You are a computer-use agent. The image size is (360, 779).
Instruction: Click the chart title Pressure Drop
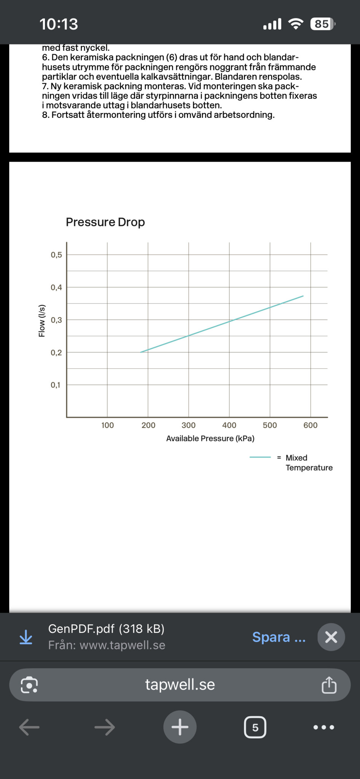pyautogui.click(x=105, y=222)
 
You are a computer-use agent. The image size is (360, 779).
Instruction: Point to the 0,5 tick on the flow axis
pyautogui.click(x=56, y=255)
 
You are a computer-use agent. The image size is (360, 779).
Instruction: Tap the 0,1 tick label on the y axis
pyautogui.click(x=56, y=385)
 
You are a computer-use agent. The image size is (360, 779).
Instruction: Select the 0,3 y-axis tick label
pyautogui.click(x=56, y=320)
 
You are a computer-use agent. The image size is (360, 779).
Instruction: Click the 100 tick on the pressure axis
pyautogui.click(x=107, y=425)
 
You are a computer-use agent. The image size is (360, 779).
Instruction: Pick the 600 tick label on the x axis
pyautogui.click(x=311, y=425)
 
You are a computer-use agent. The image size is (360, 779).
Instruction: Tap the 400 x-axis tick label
pyautogui.click(x=229, y=425)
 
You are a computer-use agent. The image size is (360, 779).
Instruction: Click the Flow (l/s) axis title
pyautogui.click(x=42, y=321)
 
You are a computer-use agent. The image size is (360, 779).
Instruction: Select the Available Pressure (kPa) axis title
pyautogui.click(x=210, y=439)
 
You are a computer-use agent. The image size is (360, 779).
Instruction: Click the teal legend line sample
pyautogui.click(x=260, y=457)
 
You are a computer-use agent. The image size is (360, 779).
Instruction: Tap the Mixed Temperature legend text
pyautogui.click(x=309, y=463)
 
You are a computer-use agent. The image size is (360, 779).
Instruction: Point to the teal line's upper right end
pyautogui.click(x=303, y=296)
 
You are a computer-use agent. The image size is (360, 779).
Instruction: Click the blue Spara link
pyautogui.click(x=279, y=637)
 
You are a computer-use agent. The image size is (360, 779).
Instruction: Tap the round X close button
pyautogui.click(x=331, y=637)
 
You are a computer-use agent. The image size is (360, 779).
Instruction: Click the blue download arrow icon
pyautogui.click(x=26, y=637)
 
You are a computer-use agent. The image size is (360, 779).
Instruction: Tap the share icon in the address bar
pyautogui.click(x=329, y=685)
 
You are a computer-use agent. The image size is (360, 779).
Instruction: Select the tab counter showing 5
pyautogui.click(x=255, y=727)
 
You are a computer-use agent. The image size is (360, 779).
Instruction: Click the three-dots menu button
pyautogui.click(x=324, y=727)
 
